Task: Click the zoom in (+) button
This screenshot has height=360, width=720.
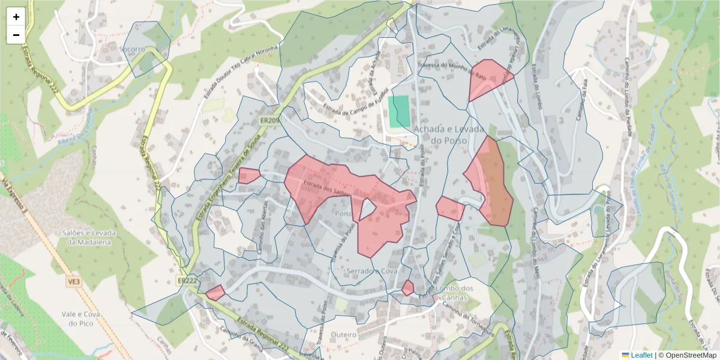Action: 16,17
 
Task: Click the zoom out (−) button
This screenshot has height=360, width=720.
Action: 16,35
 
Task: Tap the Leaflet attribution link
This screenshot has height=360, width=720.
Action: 641,355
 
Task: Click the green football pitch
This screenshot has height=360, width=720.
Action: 399,112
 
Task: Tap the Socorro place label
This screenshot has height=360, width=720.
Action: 132,49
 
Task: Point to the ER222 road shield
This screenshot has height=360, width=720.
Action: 187,280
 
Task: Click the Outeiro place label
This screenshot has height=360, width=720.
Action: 343,334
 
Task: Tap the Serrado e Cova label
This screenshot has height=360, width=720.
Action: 372,271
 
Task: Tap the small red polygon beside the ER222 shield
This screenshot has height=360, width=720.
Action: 215,293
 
